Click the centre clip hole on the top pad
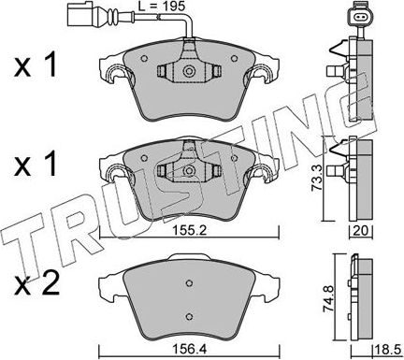189,71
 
